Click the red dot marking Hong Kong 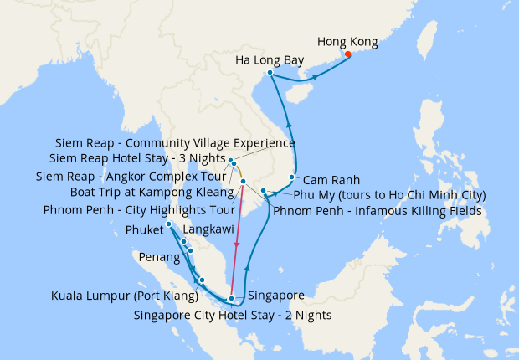tap(347, 55)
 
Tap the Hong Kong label tap(347, 41)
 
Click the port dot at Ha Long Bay tap(270, 73)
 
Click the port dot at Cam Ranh tap(291, 177)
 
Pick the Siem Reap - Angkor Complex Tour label tap(132, 177)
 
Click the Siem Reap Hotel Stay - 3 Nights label tap(137, 159)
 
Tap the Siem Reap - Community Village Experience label tap(163, 143)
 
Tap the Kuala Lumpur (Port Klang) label tap(123, 295)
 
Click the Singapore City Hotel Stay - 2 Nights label tap(233, 316)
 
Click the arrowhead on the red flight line tap(237, 244)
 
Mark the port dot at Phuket tap(169, 224)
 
